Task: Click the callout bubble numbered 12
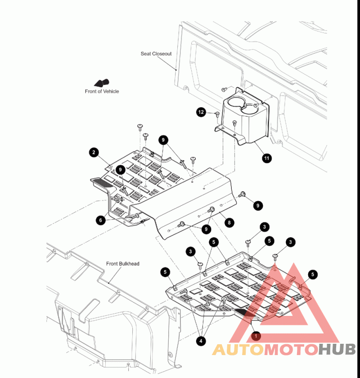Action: (201, 112)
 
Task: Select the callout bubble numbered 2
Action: (94, 153)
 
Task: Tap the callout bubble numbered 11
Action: (267, 158)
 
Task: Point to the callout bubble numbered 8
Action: (229, 222)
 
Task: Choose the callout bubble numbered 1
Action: (256, 336)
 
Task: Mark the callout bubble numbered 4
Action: (201, 341)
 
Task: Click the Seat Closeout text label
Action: (156, 54)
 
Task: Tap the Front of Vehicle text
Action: (102, 91)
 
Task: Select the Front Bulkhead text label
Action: (122, 264)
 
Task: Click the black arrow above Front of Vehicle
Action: (102, 82)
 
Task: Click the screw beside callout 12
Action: (217, 114)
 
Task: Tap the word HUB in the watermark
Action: (337, 350)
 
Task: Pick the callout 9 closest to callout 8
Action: (206, 229)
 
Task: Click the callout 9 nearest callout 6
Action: (120, 170)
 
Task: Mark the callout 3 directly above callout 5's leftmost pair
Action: (191, 251)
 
